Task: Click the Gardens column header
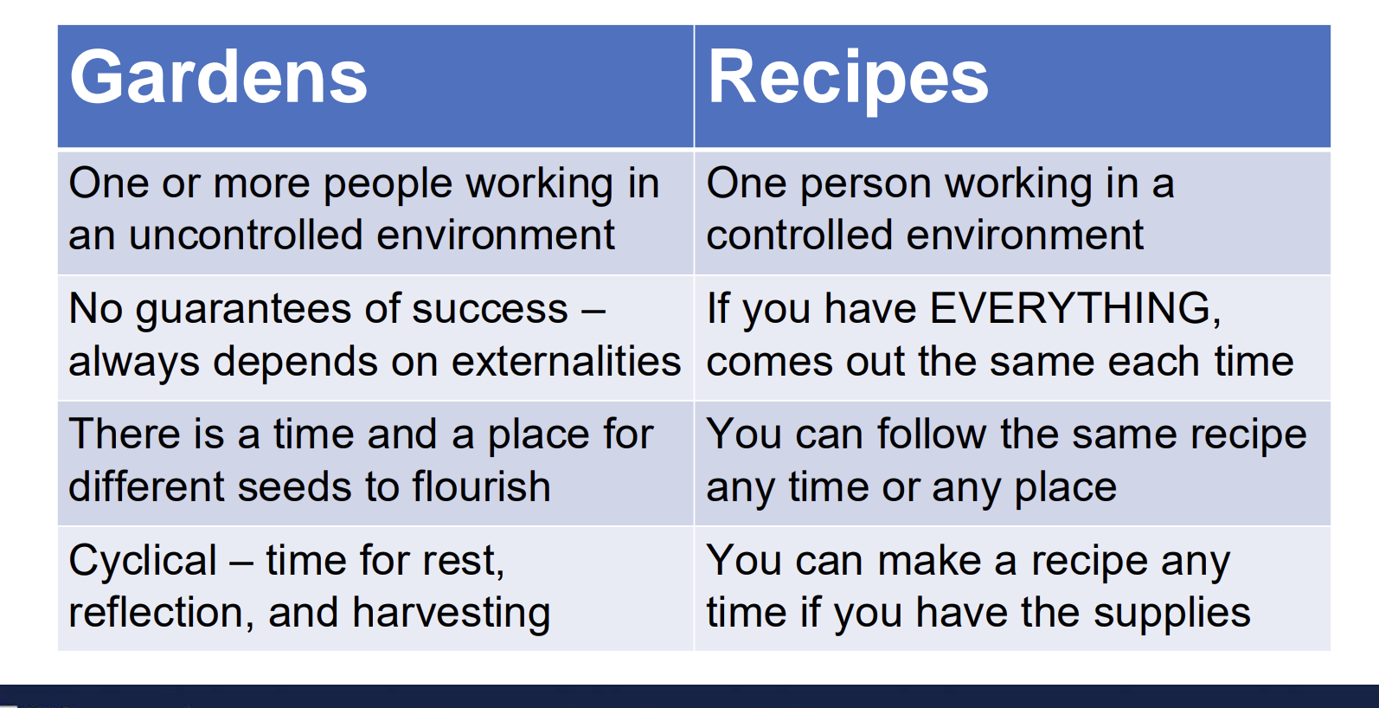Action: (219, 78)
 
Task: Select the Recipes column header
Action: (847, 80)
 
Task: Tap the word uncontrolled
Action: (246, 235)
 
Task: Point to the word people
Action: (388, 185)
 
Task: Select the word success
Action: (490, 309)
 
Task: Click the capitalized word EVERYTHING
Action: (1074, 308)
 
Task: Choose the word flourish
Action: (481, 486)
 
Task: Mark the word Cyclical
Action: (143, 562)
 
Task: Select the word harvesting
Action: (452, 614)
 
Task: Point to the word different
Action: (146, 486)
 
